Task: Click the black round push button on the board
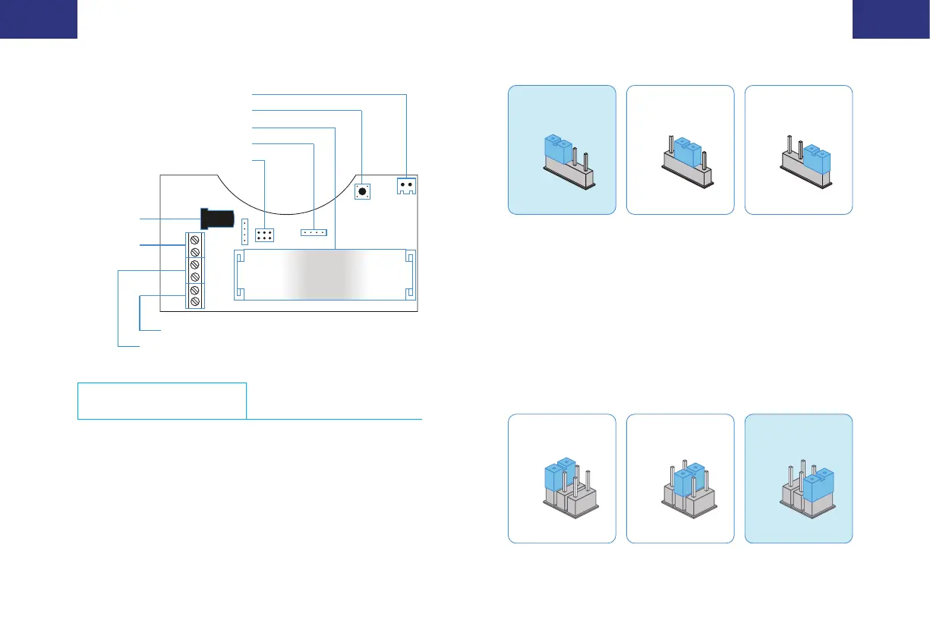click(x=362, y=192)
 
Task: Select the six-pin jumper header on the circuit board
click(x=264, y=235)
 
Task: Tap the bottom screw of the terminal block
click(x=195, y=302)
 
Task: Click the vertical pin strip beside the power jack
click(x=244, y=231)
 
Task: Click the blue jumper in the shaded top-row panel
click(x=557, y=149)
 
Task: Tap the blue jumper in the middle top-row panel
click(x=686, y=152)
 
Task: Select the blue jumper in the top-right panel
click(x=817, y=159)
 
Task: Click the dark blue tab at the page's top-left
click(x=39, y=19)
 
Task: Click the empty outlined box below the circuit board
click(x=162, y=401)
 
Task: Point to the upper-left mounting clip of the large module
click(x=241, y=259)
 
